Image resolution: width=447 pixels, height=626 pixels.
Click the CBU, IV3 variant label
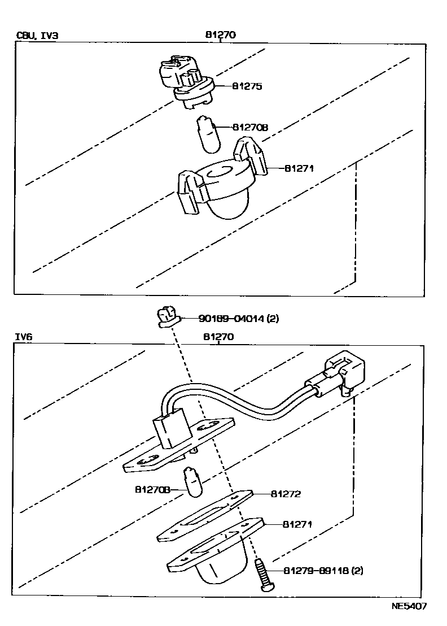click(37, 36)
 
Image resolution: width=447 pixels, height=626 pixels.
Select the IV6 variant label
click(25, 337)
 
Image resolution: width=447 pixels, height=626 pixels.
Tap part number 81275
click(246, 86)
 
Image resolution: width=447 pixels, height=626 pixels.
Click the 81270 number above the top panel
click(220, 34)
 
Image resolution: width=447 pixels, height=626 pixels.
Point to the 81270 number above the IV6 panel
click(218, 337)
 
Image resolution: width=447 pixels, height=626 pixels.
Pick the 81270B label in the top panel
click(248, 128)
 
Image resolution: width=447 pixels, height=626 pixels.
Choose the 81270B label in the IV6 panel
click(152, 489)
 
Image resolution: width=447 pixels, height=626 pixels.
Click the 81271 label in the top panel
click(299, 168)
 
